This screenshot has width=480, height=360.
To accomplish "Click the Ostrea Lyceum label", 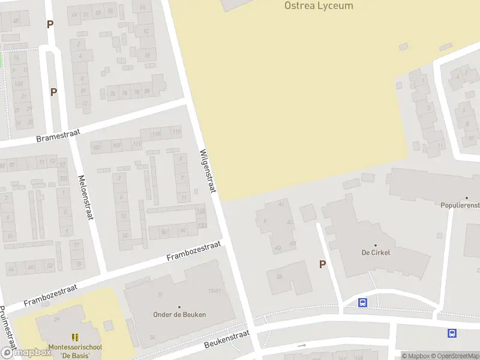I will pos(318,6).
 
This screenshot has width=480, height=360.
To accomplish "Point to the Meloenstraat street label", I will pos(86,197).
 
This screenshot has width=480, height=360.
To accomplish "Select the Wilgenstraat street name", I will pos(207,171).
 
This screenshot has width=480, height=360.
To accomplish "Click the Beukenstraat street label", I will pos(226,340).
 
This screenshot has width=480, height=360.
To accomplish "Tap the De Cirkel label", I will pos(376,253).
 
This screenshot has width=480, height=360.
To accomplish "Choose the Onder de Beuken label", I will pos(179,314).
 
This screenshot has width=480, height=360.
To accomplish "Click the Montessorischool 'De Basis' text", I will pos(75,351).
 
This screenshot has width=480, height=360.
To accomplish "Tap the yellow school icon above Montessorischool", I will pos(75,338).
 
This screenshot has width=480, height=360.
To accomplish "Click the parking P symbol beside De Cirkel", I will pos(322,264).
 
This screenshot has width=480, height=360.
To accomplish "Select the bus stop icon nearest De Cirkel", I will pos(363,302).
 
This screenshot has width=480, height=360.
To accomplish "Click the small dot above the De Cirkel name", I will pos(376,245).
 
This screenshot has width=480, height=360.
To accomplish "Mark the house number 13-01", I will pos(214,291).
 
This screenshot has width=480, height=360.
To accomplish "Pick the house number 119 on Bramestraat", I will pos(176,132).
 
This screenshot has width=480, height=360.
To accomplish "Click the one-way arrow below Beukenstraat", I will pos(302,346).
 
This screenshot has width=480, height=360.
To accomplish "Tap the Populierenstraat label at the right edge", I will pos(460,205).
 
